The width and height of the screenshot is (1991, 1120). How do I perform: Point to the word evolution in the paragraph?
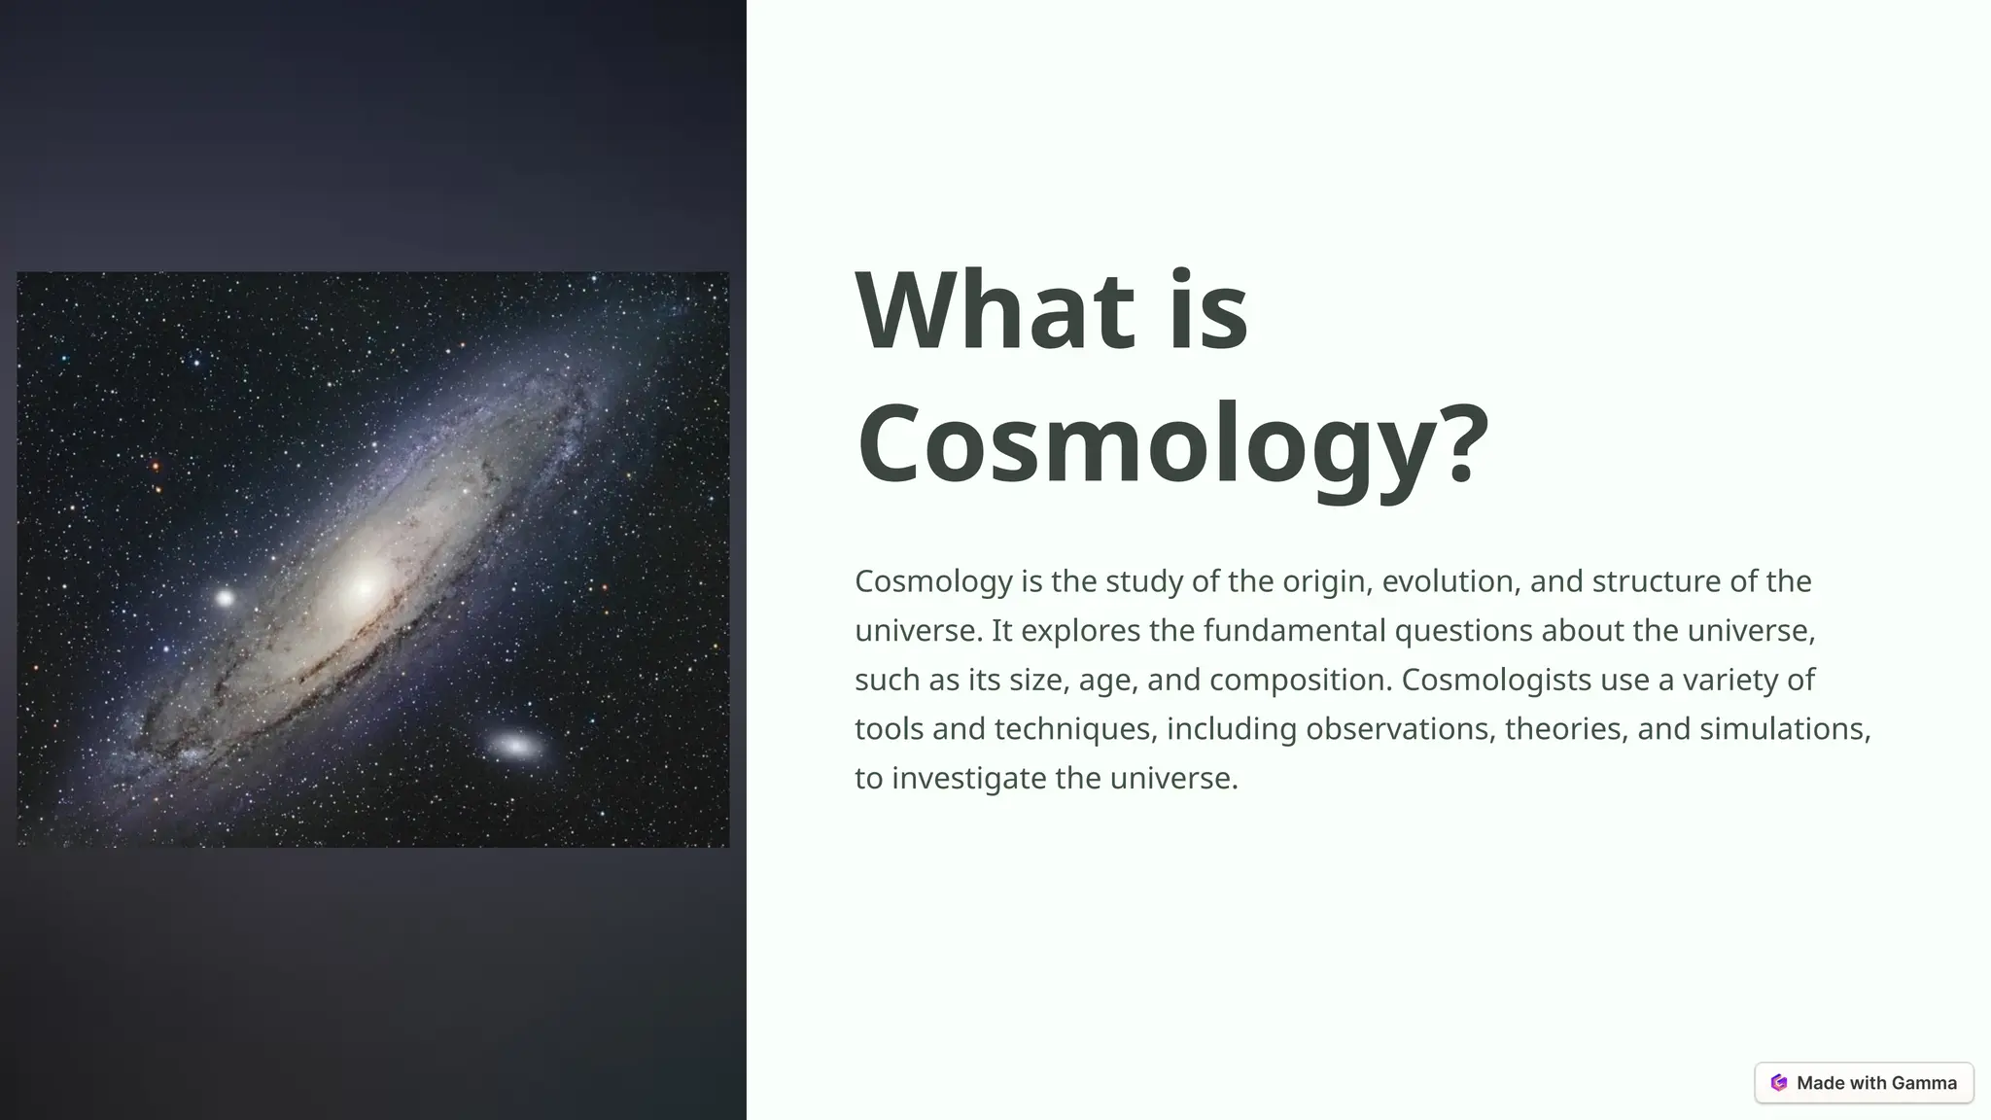pos(1450,581)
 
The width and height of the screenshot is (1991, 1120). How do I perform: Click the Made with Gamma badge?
pos(1864,1083)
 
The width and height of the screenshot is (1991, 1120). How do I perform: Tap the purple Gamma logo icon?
pos(1779,1083)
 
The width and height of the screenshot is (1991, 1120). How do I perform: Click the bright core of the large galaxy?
pos(365,586)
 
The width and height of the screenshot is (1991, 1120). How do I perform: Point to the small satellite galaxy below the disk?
pos(515,747)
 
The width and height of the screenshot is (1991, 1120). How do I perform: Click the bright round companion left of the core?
pos(225,598)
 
